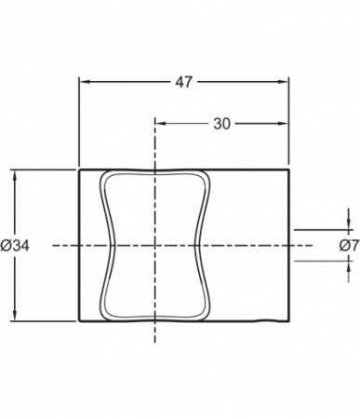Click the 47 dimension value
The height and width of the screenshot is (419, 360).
tap(184, 82)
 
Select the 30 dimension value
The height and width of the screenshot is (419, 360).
tap(222, 124)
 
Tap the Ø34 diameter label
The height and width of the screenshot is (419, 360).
tap(15, 246)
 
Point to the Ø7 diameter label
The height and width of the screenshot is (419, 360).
tap(349, 246)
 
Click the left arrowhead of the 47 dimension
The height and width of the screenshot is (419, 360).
tap(85, 82)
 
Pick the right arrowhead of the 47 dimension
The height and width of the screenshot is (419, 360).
tap(283, 82)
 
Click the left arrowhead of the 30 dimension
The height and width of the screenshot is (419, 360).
tap(161, 124)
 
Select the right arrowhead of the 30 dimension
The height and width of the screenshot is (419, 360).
tap(283, 124)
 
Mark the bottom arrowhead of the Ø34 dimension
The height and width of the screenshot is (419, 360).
tap(15, 316)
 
